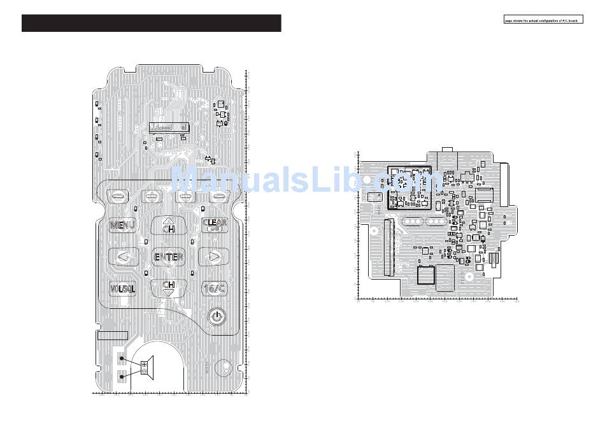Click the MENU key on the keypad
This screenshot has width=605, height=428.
click(x=122, y=225)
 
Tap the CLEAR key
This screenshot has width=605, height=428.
click(x=214, y=224)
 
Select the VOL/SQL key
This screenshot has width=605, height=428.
click(x=122, y=289)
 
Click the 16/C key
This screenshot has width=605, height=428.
click(x=214, y=289)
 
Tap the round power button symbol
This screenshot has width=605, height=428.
click(x=217, y=315)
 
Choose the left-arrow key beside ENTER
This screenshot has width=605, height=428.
click(x=123, y=257)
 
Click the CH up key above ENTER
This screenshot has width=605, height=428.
click(x=168, y=225)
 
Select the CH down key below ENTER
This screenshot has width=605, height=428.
click(x=169, y=287)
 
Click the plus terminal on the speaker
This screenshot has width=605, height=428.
click(x=144, y=364)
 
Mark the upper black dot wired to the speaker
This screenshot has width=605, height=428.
click(x=122, y=360)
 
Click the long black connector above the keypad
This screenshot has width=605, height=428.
click(x=169, y=127)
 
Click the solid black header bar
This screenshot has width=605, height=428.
click(x=151, y=23)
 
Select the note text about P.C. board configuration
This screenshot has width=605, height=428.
click(x=541, y=20)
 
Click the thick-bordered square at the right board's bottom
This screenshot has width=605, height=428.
click(x=425, y=275)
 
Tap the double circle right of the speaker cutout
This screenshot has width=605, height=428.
click(x=224, y=366)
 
